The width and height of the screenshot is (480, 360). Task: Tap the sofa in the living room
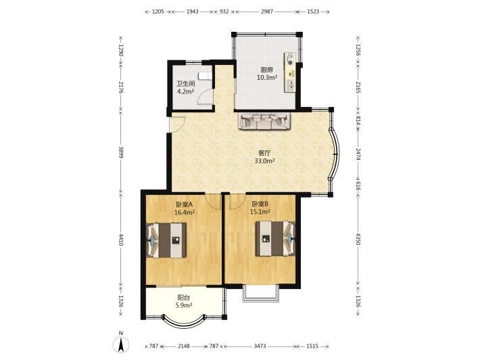coord(264,121)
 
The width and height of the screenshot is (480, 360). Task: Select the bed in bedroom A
coord(167,240)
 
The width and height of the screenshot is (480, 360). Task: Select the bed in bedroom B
coord(276,238)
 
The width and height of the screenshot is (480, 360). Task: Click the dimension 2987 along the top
coord(266,12)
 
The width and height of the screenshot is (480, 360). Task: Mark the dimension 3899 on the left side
coord(121,152)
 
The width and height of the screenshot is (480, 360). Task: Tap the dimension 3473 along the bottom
coord(260,346)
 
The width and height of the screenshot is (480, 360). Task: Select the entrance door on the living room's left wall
coord(177,125)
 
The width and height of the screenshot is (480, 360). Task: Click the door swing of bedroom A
coord(213,201)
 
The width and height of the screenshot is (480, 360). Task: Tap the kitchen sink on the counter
coord(291,85)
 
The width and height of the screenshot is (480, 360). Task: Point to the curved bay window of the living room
coord(335,154)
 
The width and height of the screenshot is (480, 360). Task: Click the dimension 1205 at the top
coord(158,12)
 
